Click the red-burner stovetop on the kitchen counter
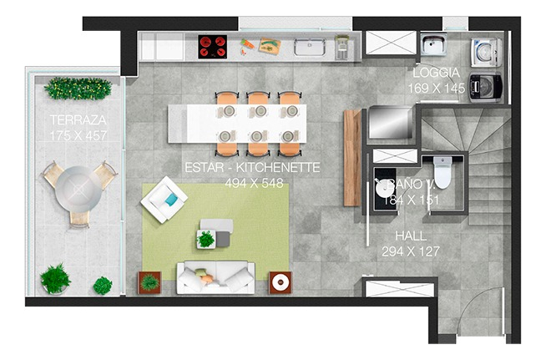point(213,46)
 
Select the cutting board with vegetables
point(270,45)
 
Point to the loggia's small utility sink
point(434,44)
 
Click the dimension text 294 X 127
point(411,251)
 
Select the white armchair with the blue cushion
point(164,201)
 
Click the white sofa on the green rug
point(215,276)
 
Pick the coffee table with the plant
point(214,234)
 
